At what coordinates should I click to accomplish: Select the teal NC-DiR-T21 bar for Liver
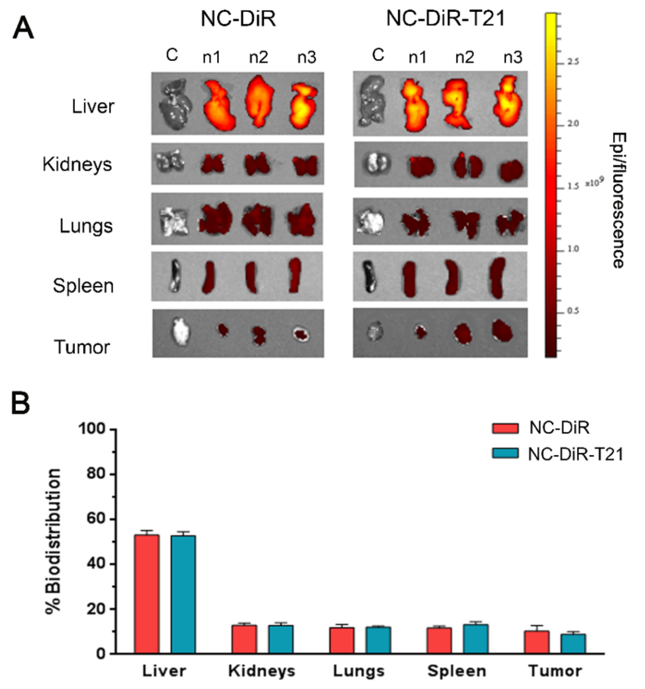[x=183, y=594]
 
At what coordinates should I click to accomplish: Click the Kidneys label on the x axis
[x=261, y=671]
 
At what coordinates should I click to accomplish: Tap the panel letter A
[x=23, y=28]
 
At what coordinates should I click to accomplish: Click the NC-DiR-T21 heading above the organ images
[x=445, y=19]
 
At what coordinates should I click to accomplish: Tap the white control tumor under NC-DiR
[x=181, y=331]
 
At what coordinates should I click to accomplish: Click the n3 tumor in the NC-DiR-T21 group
[x=502, y=330]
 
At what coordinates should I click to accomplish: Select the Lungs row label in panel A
[x=86, y=226]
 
